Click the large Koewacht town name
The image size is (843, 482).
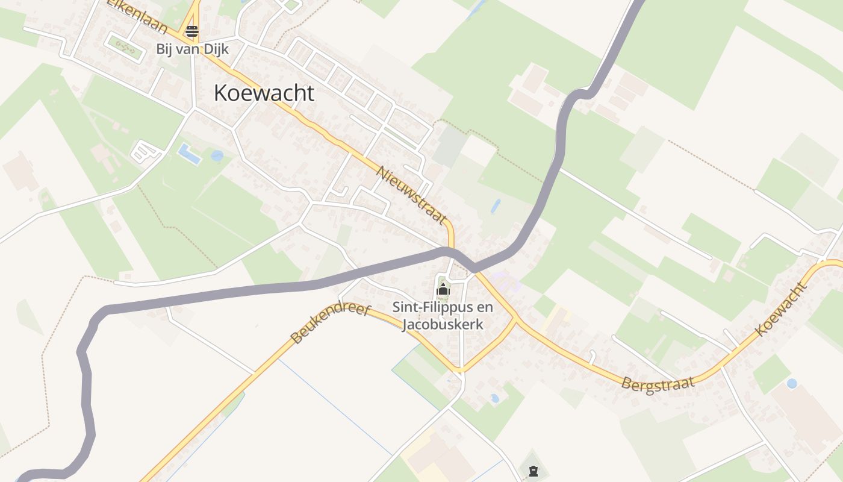[x=264, y=93]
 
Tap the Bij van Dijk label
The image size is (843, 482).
[x=192, y=49]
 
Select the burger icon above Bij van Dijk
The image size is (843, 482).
[x=192, y=31]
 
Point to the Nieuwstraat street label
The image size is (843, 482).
[x=412, y=195]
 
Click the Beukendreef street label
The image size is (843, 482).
[x=329, y=323]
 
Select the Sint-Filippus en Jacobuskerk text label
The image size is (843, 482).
[x=443, y=316]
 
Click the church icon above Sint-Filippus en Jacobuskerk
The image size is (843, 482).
[x=443, y=290]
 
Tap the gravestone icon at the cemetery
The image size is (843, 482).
[x=533, y=472]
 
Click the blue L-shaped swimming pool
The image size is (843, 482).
[x=189, y=154]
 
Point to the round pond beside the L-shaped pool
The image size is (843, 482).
[x=217, y=155]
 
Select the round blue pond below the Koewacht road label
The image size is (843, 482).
[x=792, y=383]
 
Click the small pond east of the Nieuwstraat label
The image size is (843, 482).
[x=496, y=206]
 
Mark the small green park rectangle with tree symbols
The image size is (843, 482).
[x=125, y=46]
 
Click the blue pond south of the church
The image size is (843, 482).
[x=494, y=398]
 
